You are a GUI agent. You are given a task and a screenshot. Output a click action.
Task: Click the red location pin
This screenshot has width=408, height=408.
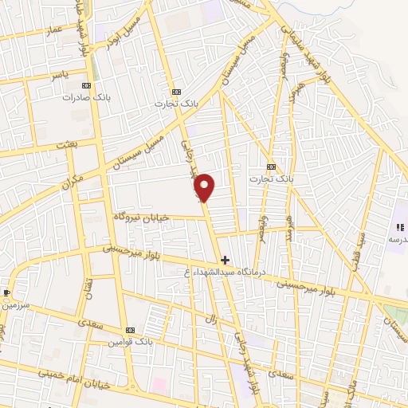pyautogui.click(x=206, y=186)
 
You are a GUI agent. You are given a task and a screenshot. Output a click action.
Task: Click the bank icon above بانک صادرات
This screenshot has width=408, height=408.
pyautogui.click(x=87, y=85)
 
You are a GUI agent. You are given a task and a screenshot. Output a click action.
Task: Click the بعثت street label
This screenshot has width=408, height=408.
pyautogui.click(x=67, y=145)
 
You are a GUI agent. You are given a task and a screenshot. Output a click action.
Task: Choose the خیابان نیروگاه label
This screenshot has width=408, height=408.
pyautogui.click(x=141, y=217)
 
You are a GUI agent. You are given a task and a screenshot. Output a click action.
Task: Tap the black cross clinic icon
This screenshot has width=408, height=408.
pyautogui.click(x=225, y=260)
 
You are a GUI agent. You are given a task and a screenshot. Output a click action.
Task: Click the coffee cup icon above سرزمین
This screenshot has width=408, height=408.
pyautogui.click(x=7, y=292)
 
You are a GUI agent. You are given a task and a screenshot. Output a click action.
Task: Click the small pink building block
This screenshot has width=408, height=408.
pyautogui.click(x=159, y=384)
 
